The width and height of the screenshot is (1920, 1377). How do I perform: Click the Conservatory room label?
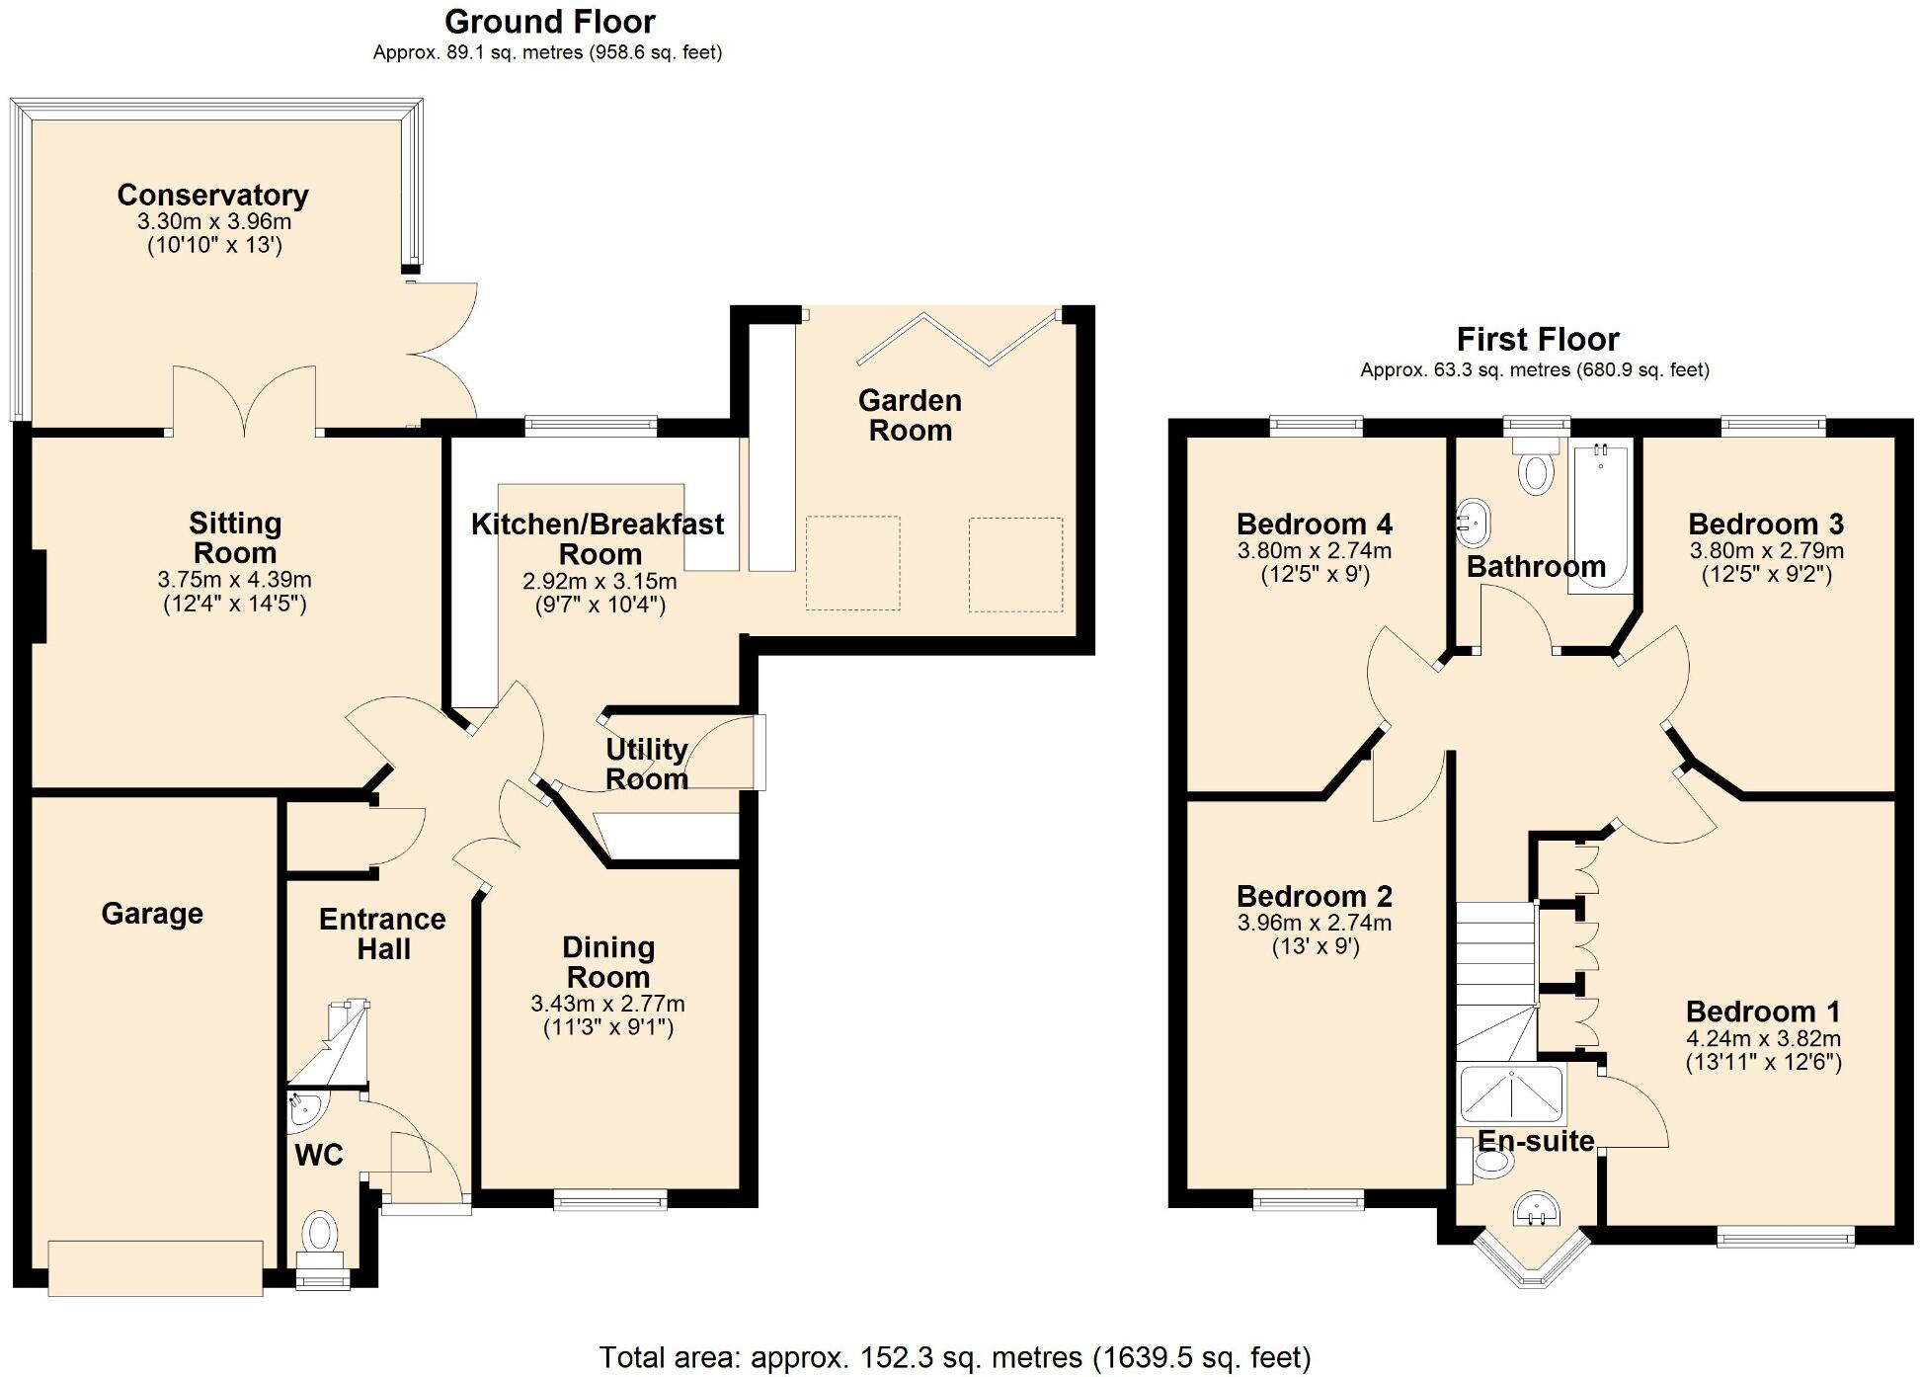[x=212, y=196]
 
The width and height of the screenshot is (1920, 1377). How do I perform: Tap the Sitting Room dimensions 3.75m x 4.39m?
[x=234, y=580]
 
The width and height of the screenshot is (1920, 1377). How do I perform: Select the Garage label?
[x=152, y=914]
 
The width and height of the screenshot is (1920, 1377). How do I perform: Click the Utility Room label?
[x=646, y=764]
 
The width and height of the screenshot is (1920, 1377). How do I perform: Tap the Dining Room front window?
[x=609, y=1199]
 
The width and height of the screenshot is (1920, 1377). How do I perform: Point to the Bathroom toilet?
[x=1536, y=468]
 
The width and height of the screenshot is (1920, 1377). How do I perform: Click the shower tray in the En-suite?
[x=1511, y=1093]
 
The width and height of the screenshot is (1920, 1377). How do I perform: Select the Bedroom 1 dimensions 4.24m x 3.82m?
[x=1763, y=1039]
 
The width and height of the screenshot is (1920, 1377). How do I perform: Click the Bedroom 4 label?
[x=1314, y=524]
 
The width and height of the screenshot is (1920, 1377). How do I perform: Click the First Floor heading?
[x=1538, y=340]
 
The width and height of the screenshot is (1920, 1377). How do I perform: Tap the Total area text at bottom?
[x=954, y=1357]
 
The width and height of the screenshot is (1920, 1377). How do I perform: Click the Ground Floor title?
[x=549, y=22]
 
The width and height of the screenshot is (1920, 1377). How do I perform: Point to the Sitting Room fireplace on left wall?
[x=39, y=597]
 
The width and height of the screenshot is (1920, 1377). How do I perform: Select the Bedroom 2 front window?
[x=1309, y=1200]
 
